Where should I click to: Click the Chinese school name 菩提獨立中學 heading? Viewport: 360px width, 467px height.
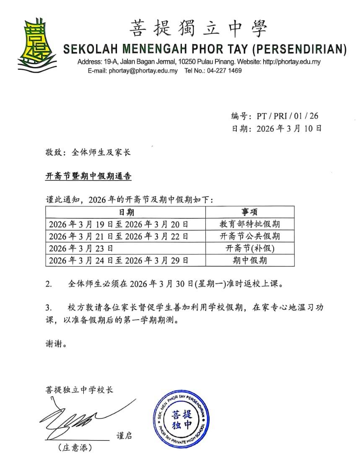click(198, 29)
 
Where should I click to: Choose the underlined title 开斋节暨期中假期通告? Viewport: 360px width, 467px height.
click(88, 176)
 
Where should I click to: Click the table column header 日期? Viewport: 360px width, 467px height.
click(126, 212)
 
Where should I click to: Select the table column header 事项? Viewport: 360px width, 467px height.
click(249, 212)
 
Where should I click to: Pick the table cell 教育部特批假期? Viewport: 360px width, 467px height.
click(250, 224)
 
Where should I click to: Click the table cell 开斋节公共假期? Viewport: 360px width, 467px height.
click(250, 236)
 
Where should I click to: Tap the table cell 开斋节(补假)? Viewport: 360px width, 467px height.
click(250, 248)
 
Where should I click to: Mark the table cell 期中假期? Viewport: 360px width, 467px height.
click(250, 260)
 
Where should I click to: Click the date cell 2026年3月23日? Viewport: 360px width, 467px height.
click(81, 248)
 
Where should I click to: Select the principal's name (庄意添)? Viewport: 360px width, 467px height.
click(75, 448)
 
